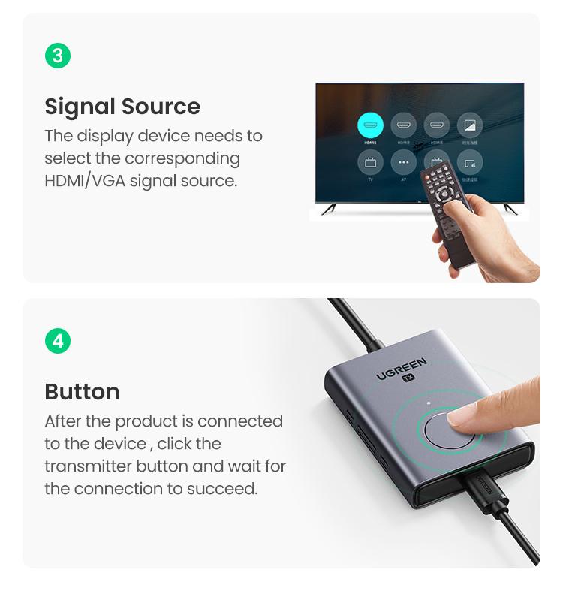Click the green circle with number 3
tap(58, 56)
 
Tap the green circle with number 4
tap(58, 341)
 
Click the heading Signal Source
tap(122, 107)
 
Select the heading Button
tap(82, 392)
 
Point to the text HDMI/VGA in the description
tap(84, 181)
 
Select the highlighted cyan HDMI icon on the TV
tap(370, 125)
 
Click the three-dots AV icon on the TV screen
tap(403, 162)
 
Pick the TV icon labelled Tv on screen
tap(370, 162)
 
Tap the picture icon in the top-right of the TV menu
tap(470, 125)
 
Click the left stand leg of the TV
tap(329, 208)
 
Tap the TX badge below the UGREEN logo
tap(408, 378)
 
